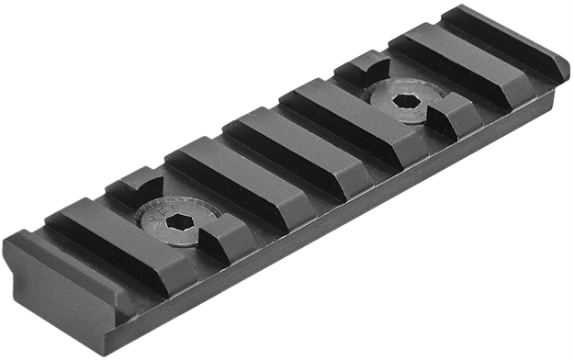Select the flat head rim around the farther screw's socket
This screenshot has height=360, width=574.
tap(386, 91)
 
